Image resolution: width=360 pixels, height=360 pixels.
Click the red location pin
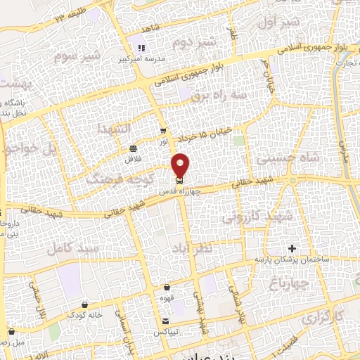pyautogui.click(x=181, y=165)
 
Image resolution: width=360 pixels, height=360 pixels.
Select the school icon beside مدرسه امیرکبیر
pyautogui.click(x=141, y=48)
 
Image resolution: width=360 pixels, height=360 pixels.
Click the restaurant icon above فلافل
pyautogui.click(x=133, y=148)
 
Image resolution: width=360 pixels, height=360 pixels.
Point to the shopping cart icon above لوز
pyautogui.click(x=163, y=131)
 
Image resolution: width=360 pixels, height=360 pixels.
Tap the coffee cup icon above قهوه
pyautogui.click(x=167, y=287)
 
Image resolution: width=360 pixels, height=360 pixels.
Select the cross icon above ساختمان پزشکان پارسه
pyautogui.click(x=292, y=249)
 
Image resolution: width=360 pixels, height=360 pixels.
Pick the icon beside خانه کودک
pyautogui.click(x=85, y=304)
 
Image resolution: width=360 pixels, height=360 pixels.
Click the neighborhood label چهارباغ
pyautogui.click(x=289, y=283)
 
